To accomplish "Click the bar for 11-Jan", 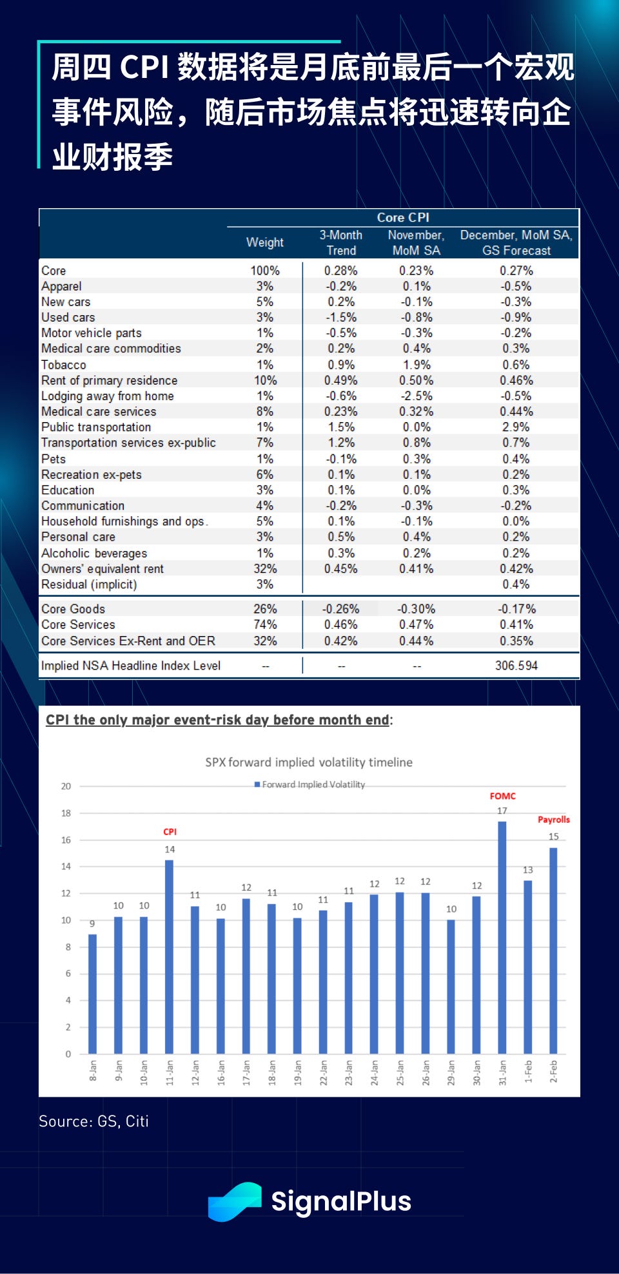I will click(169, 957).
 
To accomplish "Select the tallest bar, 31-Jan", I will click(502, 938).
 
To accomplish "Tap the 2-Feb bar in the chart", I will click(553, 951).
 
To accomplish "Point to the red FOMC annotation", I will click(503, 796).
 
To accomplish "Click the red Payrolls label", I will click(554, 820).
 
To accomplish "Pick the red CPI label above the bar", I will click(170, 832).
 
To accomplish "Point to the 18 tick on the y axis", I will click(66, 813).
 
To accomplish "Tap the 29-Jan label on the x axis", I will click(451, 1072).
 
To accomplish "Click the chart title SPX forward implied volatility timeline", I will click(309, 762).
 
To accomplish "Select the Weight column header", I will click(264, 242).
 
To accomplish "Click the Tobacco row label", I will click(64, 365).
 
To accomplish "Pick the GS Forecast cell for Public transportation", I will click(516, 427).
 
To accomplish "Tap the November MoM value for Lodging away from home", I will click(416, 396).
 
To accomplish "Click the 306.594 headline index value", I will click(516, 666).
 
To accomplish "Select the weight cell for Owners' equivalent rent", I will click(265, 569).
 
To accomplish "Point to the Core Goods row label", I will click(73, 609).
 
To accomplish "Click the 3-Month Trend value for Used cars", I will click(340, 317).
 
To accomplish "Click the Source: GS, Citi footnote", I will click(93, 1121).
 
